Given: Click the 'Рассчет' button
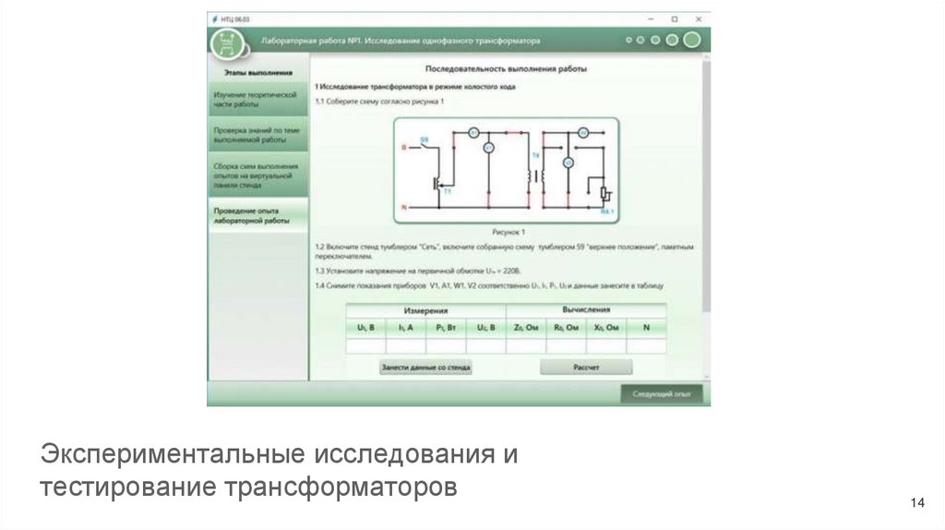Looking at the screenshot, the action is (x=586, y=367).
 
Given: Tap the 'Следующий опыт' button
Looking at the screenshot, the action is (x=661, y=393).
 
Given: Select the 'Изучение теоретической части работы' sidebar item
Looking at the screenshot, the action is (x=256, y=100).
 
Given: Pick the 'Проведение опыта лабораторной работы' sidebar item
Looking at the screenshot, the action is (x=256, y=216).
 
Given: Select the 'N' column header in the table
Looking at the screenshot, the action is (x=646, y=328).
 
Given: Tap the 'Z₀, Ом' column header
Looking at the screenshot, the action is (x=526, y=328).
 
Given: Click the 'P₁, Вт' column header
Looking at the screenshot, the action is (x=445, y=328).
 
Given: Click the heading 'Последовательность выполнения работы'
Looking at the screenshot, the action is (x=505, y=69).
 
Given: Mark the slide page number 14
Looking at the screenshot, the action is (x=916, y=503).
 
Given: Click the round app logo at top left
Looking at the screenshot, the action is (x=227, y=42).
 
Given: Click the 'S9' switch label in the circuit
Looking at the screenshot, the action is (x=425, y=139).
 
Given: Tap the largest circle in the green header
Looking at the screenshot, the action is (x=691, y=40).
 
